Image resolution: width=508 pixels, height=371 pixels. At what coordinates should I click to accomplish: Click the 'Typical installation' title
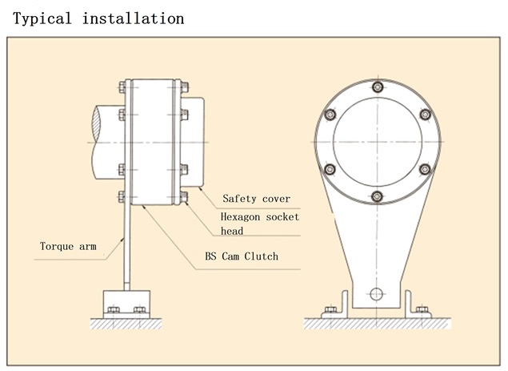(x=98, y=18)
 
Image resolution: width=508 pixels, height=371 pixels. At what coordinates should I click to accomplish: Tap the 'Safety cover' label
(x=256, y=198)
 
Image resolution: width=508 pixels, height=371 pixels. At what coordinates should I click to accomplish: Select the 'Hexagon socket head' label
(x=259, y=224)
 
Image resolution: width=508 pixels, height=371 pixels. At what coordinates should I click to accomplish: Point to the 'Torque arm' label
(x=68, y=246)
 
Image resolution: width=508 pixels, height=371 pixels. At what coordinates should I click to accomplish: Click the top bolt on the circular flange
(x=378, y=87)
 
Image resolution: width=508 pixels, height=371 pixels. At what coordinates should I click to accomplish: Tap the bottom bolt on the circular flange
(x=378, y=196)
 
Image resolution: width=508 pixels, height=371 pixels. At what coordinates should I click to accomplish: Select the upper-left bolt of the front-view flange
(x=330, y=115)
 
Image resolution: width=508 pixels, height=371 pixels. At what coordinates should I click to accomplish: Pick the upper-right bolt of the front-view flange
(x=425, y=115)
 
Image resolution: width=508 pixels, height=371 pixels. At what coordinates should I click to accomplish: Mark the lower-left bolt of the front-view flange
(x=330, y=169)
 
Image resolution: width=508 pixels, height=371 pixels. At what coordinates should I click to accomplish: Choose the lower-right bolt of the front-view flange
(x=425, y=169)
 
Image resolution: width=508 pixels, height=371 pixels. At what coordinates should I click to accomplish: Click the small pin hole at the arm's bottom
(x=377, y=293)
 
